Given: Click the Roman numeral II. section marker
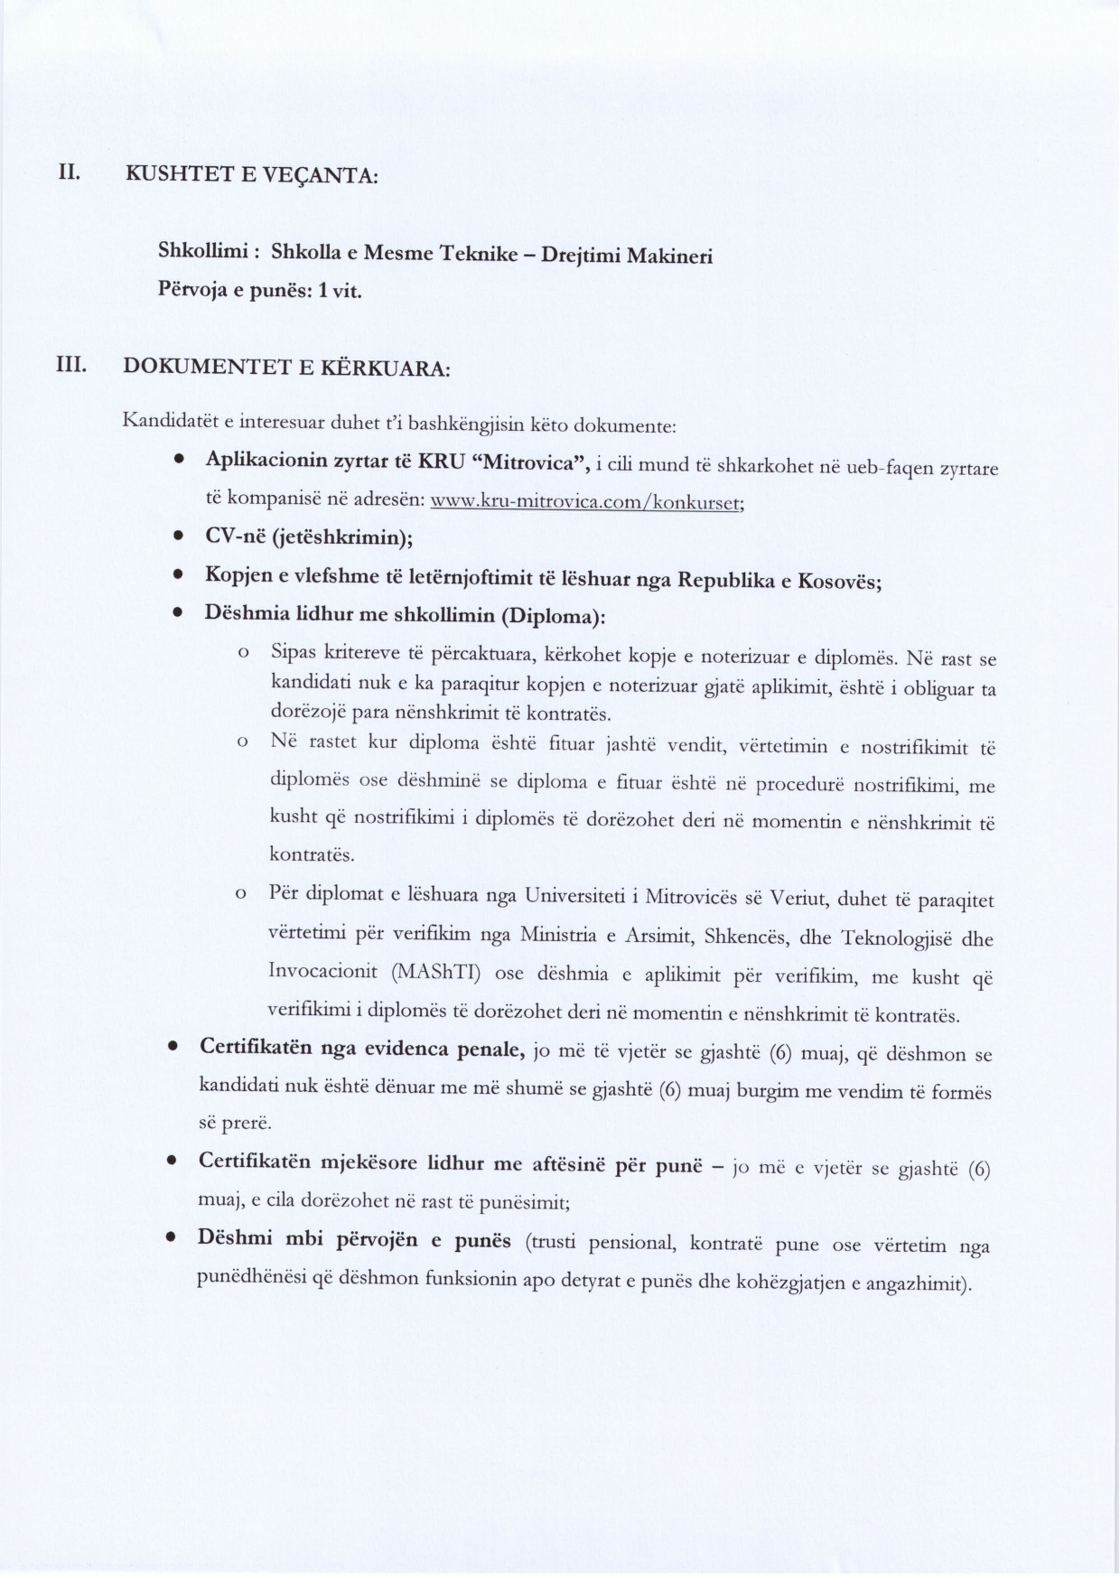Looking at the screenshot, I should pyautogui.click(x=69, y=172).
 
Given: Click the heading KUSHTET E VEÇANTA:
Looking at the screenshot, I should pyautogui.click(x=251, y=174).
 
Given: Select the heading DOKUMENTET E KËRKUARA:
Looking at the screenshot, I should pyautogui.click(x=286, y=368).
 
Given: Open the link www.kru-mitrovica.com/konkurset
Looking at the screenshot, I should pyautogui.click(x=586, y=502).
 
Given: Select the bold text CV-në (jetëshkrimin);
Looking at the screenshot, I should pyautogui.click(x=309, y=537).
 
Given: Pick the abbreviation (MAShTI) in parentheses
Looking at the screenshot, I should pyautogui.click(x=437, y=973).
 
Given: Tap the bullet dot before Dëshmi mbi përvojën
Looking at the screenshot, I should pyautogui.click(x=170, y=1239).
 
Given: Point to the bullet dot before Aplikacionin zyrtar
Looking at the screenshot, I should pyautogui.click(x=180, y=461).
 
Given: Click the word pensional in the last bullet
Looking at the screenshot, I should pyautogui.click(x=631, y=1244).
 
